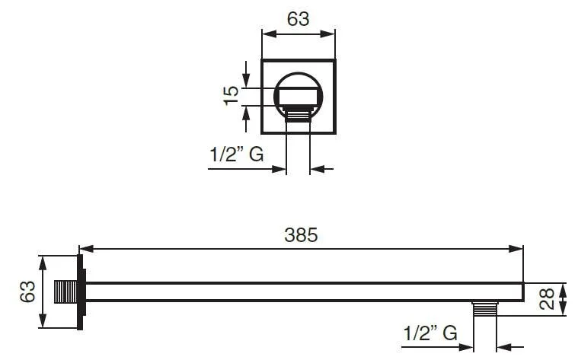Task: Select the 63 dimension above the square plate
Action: click(x=298, y=19)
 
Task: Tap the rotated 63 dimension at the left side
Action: click(x=28, y=292)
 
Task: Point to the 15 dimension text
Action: click(x=232, y=95)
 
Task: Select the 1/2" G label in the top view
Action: click(x=237, y=155)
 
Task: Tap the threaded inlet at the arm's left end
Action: click(x=66, y=292)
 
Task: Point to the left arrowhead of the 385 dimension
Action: click(x=85, y=248)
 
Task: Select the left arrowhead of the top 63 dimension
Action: click(x=267, y=32)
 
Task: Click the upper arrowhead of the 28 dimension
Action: click(x=563, y=288)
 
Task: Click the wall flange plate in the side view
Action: click(x=81, y=292)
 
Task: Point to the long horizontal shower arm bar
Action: click(x=305, y=292)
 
